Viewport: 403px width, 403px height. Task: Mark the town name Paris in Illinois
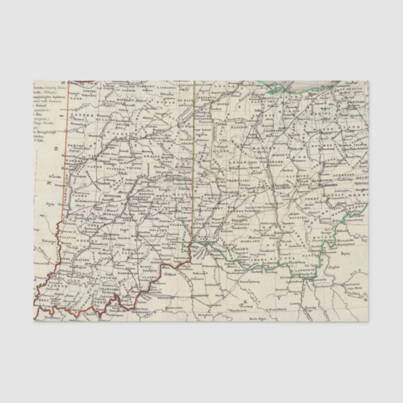click(47, 204)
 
